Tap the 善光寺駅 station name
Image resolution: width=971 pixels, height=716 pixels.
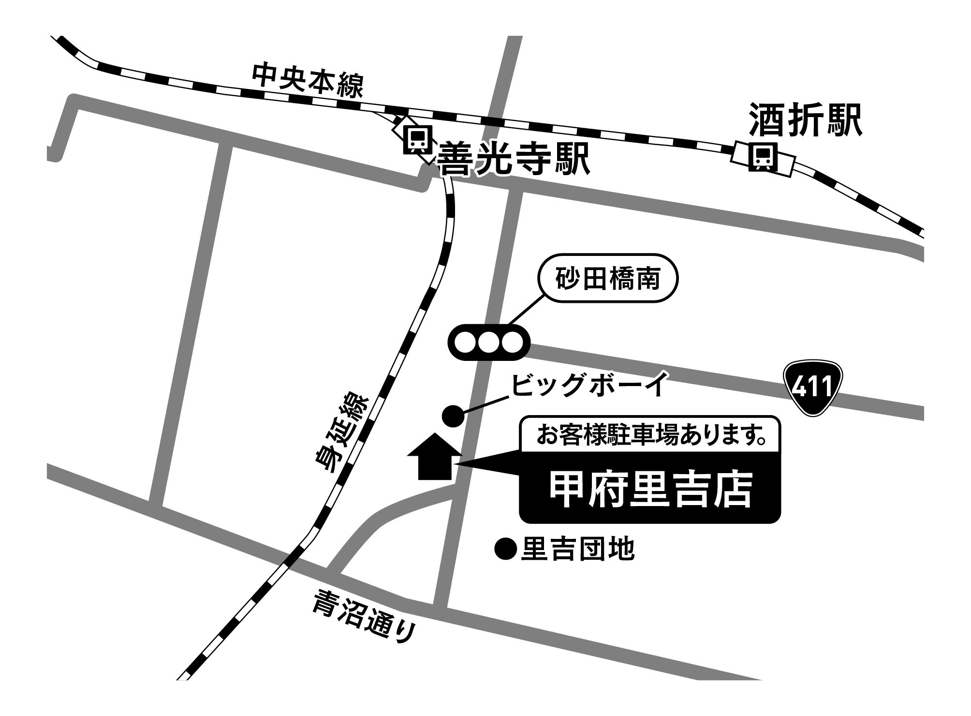(513, 159)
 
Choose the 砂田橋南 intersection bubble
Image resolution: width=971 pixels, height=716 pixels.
(608, 279)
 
